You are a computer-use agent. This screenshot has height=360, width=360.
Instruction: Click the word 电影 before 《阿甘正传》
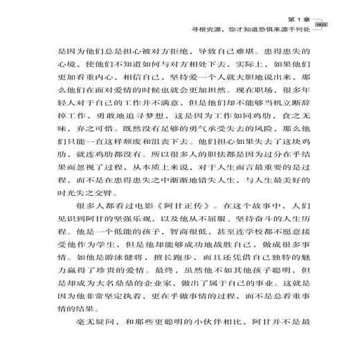[135, 206]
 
